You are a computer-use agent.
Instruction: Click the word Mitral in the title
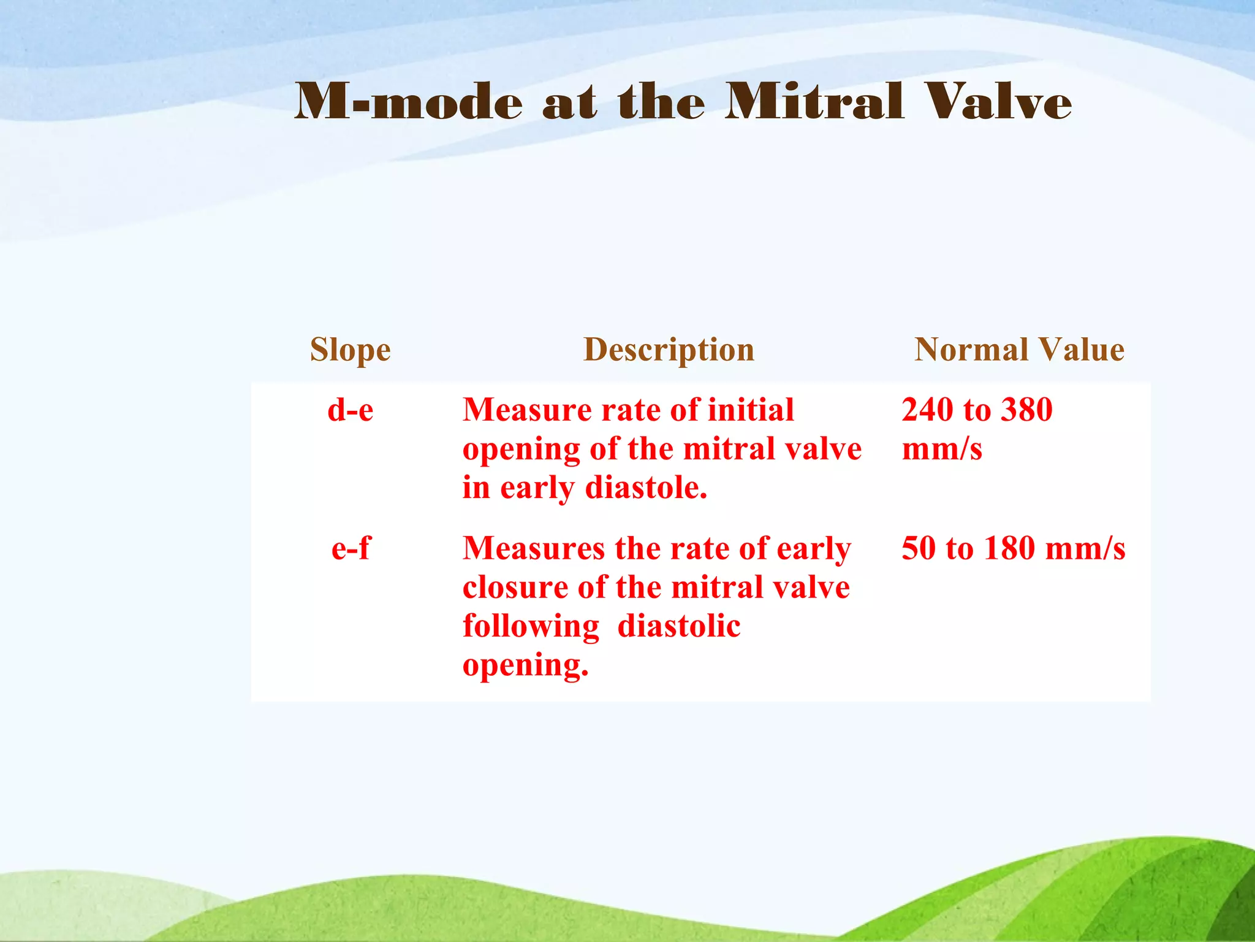coord(814,102)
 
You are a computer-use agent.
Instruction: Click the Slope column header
coord(350,350)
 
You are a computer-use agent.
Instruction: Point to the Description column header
coord(669,350)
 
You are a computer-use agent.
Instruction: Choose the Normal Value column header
coord(1019,350)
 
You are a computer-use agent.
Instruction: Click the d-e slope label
coord(350,410)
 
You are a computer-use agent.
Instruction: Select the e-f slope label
coord(350,548)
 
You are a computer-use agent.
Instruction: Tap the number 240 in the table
coord(927,410)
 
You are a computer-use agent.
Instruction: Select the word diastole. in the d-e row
coord(646,488)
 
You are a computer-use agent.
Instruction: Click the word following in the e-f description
coord(531,627)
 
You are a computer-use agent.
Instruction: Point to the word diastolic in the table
coord(679,627)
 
